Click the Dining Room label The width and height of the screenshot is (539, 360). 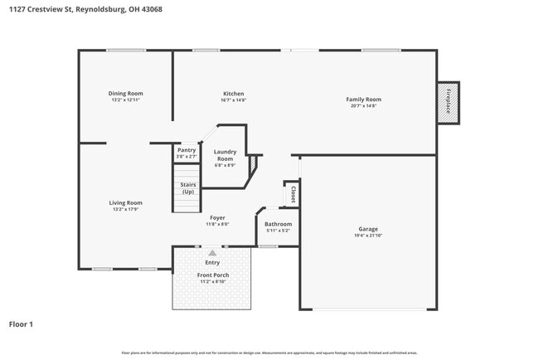click(126, 94)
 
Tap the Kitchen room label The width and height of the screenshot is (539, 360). click(233, 94)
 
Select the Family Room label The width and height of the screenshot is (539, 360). click(363, 100)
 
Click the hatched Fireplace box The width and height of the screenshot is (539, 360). click(448, 103)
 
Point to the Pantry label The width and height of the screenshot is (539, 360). click(187, 150)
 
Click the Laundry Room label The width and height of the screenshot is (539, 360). click(226, 154)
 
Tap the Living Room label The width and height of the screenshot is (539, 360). click(126, 202)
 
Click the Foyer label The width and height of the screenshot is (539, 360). click(217, 218)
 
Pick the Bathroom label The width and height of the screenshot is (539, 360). click(279, 224)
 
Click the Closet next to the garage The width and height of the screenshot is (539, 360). click(293, 194)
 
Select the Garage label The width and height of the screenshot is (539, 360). click(368, 229)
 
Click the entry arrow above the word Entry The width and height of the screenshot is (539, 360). click(212, 252)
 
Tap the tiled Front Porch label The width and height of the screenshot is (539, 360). click(213, 275)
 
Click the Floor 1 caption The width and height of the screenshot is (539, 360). click(22, 324)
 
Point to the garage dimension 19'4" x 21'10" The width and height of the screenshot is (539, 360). click(368, 236)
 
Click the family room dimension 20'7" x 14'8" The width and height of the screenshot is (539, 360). click(363, 106)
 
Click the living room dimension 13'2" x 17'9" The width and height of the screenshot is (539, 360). click(126, 210)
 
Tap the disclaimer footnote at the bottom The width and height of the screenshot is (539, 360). click(269, 353)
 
